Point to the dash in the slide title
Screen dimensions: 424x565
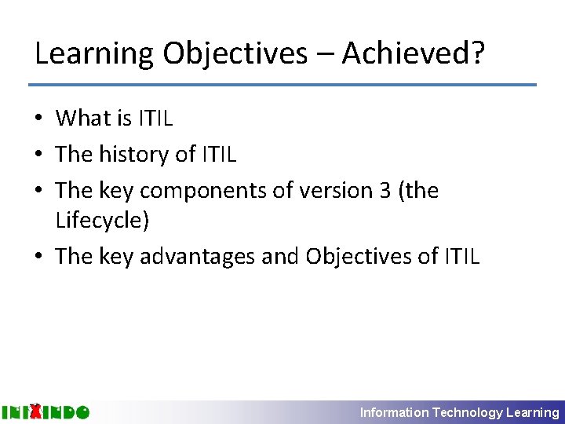click(x=324, y=55)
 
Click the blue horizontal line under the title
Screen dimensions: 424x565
click(x=282, y=85)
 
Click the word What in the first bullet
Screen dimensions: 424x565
click(x=84, y=119)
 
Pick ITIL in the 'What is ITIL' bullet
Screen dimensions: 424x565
click(x=155, y=119)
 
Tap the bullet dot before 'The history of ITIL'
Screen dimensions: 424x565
click(x=39, y=155)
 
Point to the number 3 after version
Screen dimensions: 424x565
click(x=385, y=191)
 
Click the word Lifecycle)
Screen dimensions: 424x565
click(x=102, y=221)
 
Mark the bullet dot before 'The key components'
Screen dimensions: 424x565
click(x=39, y=192)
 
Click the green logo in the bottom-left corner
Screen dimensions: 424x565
click(x=46, y=411)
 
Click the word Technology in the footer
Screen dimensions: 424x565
click(x=468, y=412)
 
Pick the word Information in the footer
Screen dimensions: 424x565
click(x=395, y=412)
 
